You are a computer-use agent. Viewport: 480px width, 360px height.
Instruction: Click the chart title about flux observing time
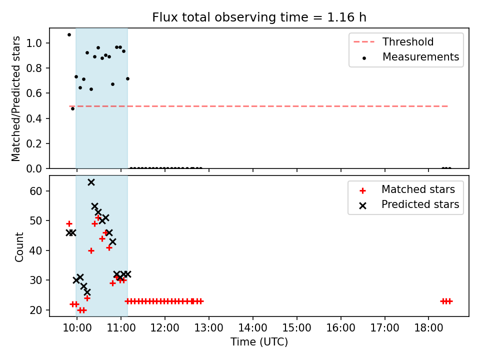(x=259, y=17)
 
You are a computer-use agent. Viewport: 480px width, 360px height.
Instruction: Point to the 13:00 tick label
(x=209, y=328)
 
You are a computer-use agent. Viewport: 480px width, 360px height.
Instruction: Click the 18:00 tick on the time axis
(x=428, y=328)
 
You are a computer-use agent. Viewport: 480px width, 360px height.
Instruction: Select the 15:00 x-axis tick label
(x=296, y=328)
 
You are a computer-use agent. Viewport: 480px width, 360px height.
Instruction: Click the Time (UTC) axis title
(x=259, y=341)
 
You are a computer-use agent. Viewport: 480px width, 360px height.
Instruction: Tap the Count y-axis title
(x=19, y=247)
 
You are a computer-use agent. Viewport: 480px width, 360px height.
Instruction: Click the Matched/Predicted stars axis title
(x=15, y=98)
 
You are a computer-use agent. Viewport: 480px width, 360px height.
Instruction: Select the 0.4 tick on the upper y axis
(x=34, y=118)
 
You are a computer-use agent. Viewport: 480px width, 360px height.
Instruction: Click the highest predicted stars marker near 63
(x=91, y=182)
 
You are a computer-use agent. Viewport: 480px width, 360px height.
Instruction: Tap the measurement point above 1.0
(x=69, y=35)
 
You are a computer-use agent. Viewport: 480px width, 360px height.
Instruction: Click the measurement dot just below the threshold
(x=72, y=108)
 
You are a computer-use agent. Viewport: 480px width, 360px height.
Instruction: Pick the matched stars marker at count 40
(x=91, y=251)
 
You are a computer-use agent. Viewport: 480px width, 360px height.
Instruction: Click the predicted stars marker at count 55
(x=94, y=206)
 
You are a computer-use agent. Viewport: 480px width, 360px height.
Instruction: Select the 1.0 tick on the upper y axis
(x=34, y=43)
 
